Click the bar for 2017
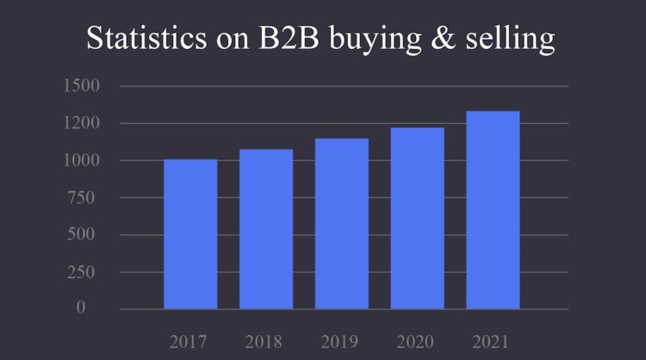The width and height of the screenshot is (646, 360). (190, 233)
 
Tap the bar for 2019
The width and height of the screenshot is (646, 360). (342, 223)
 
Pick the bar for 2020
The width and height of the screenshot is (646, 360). (418, 218)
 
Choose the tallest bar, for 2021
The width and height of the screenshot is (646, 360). (493, 209)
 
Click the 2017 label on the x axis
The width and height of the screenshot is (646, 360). (189, 341)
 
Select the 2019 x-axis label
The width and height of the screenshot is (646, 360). (341, 341)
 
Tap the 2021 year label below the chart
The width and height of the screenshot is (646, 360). (493, 341)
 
